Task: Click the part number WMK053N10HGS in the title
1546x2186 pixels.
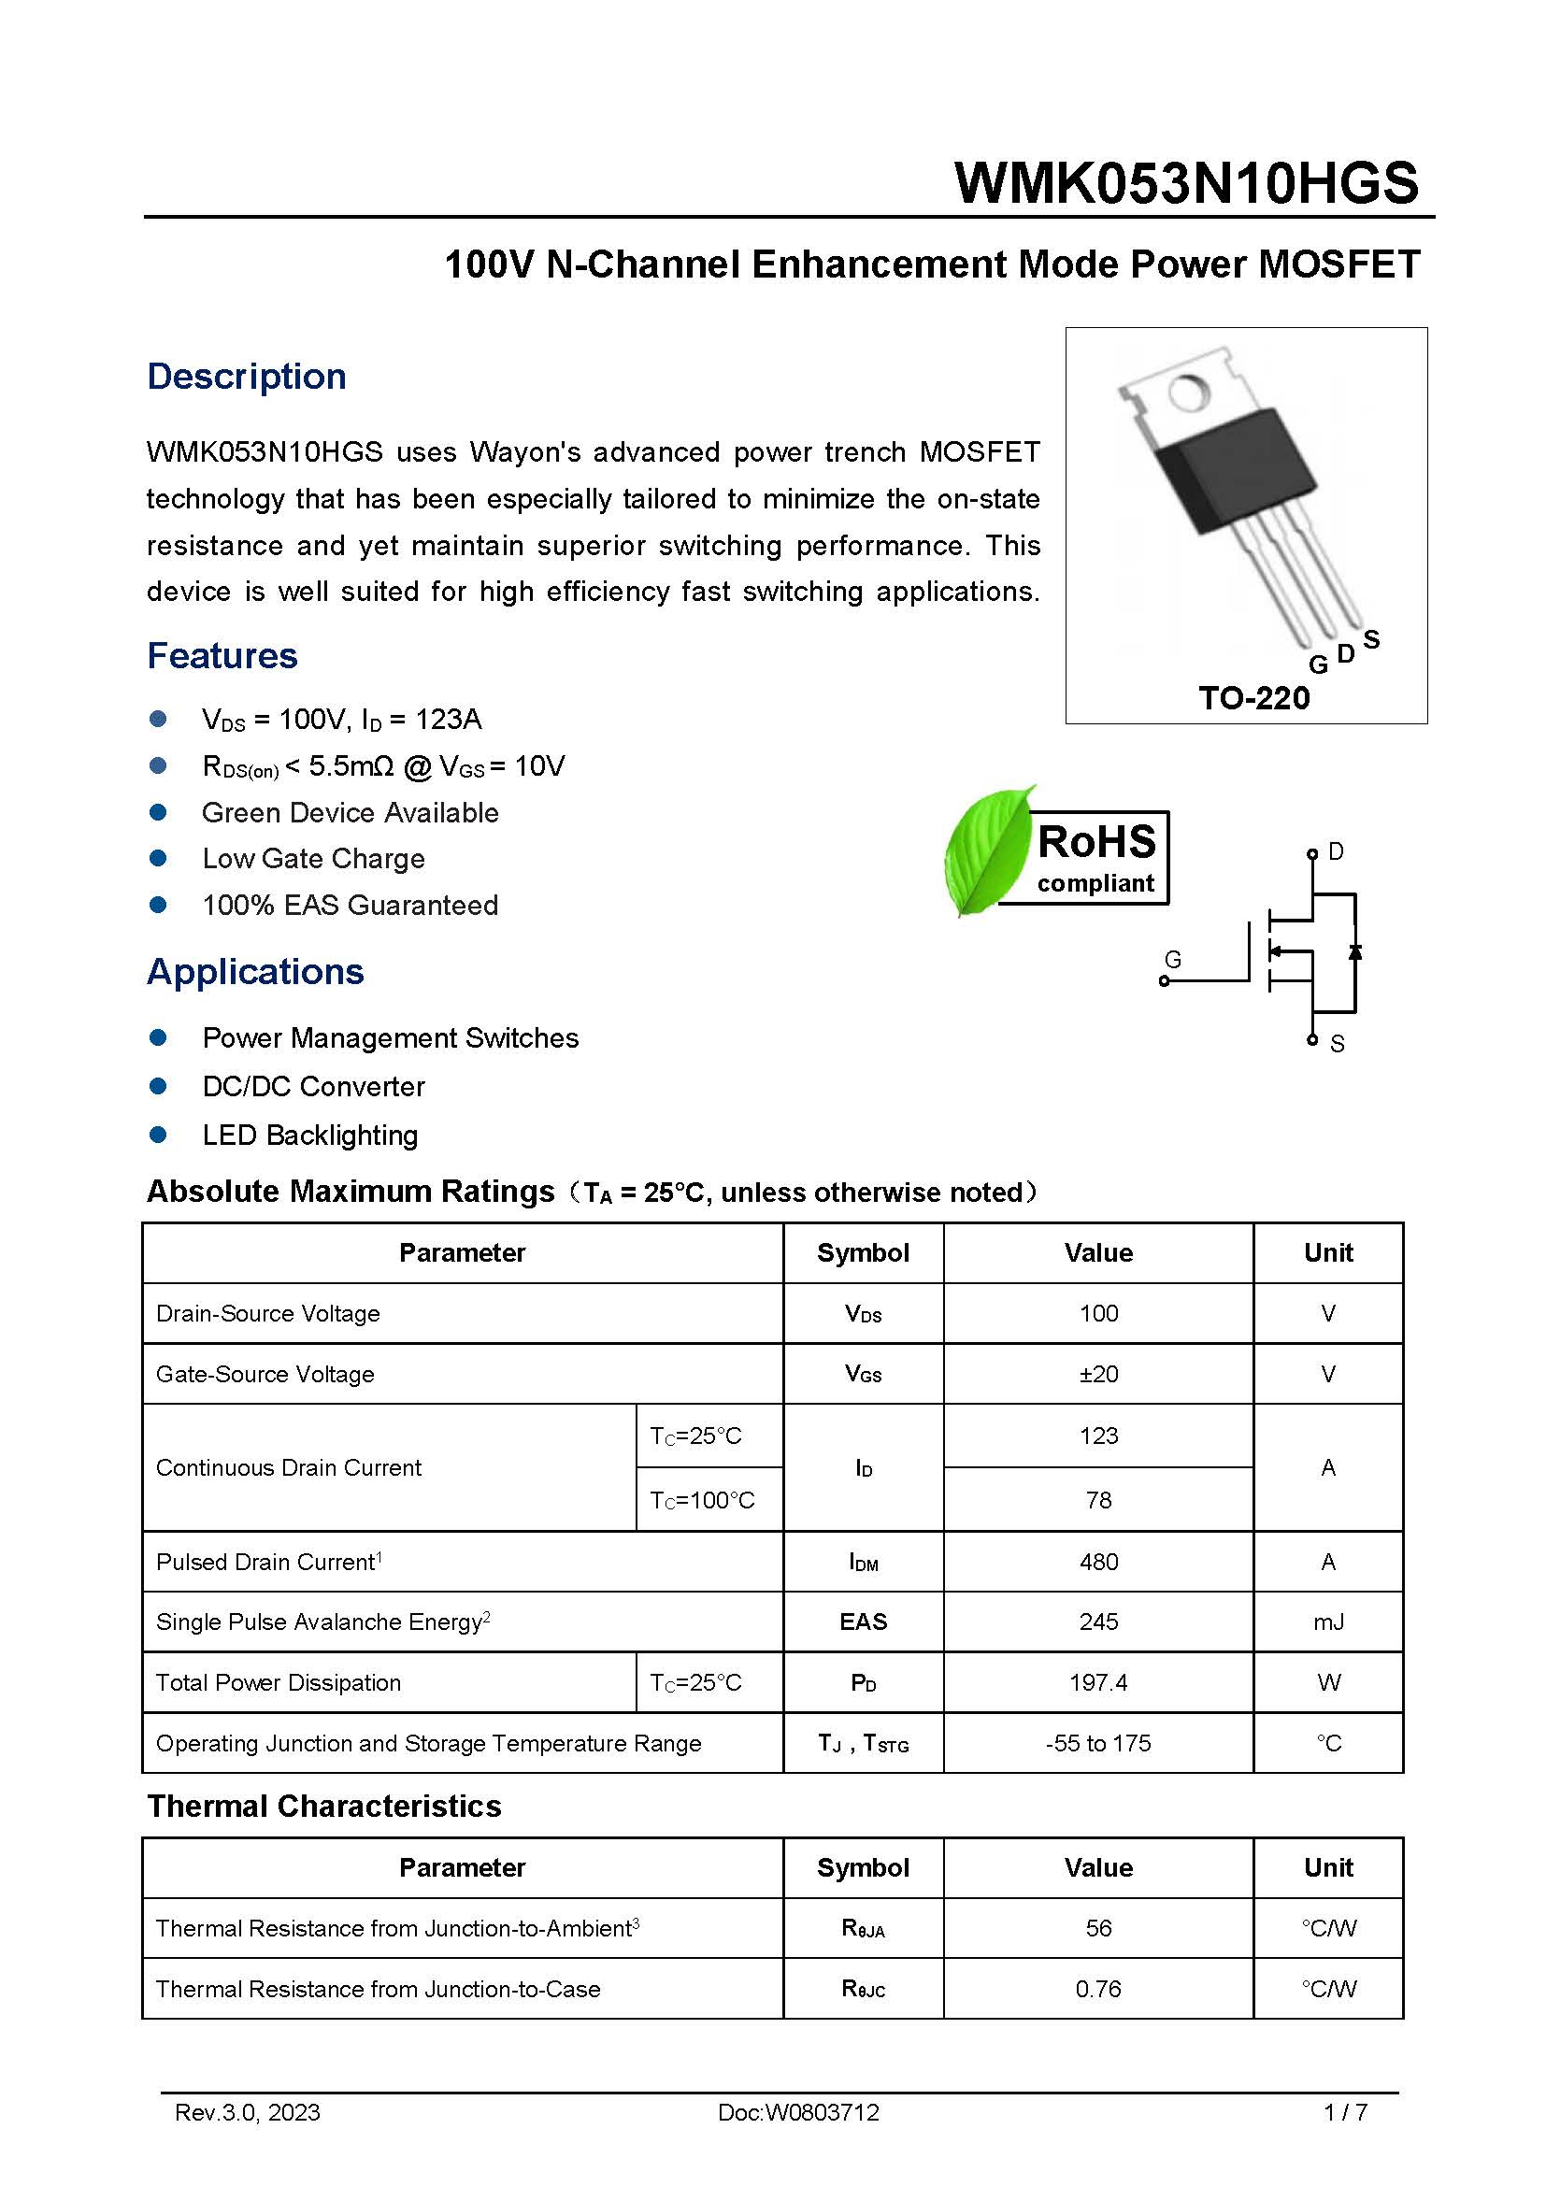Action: (x=1185, y=183)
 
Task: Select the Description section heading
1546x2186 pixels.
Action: (x=246, y=376)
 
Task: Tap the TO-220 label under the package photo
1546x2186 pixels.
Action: (x=1253, y=698)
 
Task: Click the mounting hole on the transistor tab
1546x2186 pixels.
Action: (x=1187, y=392)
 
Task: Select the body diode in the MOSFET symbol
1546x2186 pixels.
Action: (x=1354, y=951)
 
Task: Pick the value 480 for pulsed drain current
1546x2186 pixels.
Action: (x=1097, y=1562)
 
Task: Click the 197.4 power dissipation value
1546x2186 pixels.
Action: (x=1097, y=1682)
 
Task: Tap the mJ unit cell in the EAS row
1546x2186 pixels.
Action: (x=1328, y=1622)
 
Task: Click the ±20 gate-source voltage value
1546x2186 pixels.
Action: (x=1097, y=1374)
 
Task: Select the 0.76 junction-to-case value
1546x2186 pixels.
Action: (x=1097, y=1989)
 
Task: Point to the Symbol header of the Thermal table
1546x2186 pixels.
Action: (x=863, y=1867)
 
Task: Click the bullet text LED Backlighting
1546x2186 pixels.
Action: (x=309, y=1135)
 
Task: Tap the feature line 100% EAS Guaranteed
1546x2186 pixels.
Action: (x=350, y=905)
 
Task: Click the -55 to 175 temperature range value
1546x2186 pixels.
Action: (x=1097, y=1743)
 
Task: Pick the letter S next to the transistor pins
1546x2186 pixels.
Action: (x=1371, y=639)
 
